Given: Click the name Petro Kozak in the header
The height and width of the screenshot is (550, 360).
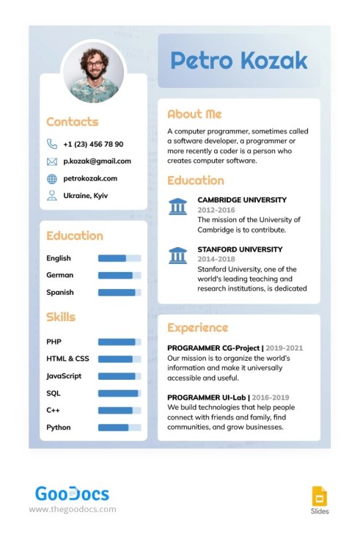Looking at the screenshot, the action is click(239, 61).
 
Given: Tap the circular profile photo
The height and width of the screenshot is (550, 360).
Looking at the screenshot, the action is click(93, 71).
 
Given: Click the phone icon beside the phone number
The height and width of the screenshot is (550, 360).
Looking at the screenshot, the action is click(52, 144).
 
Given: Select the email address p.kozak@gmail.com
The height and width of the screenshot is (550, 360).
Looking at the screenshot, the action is click(97, 161).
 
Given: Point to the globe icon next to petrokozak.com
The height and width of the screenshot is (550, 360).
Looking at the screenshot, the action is click(52, 178).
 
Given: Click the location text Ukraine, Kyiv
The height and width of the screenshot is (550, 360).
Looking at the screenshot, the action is click(87, 195).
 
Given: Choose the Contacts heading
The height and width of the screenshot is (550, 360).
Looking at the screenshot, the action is click(72, 122).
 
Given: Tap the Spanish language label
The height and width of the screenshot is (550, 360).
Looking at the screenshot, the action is click(60, 292).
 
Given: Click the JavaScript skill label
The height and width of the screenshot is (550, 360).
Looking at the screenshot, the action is click(64, 375).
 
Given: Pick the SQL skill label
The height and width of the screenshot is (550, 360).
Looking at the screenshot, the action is click(54, 393).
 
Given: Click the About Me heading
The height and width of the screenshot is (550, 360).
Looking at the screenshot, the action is click(194, 114).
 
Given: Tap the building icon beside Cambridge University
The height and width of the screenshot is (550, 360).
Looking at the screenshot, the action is click(177, 206).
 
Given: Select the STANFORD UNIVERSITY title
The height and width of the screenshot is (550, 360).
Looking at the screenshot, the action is click(240, 249).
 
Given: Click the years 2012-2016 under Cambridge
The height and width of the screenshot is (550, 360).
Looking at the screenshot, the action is click(216, 210).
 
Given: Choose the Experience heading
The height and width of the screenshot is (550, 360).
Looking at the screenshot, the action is click(197, 328).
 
